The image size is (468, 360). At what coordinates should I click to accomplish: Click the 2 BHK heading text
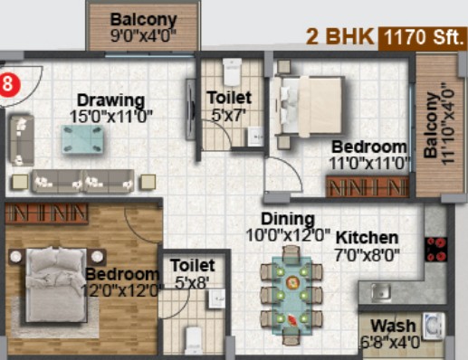(x=339, y=37)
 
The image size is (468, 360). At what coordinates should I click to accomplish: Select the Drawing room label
(x=110, y=100)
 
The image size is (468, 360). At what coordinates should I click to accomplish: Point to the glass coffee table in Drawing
(x=83, y=139)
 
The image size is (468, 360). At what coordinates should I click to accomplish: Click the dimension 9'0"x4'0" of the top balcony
(x=143, y=36)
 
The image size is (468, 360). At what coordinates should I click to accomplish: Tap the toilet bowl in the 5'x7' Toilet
(x=232, y=71)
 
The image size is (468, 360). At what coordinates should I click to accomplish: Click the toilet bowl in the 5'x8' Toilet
(x=194, y=340)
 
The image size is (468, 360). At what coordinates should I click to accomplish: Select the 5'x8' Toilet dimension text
(x=192, y=283)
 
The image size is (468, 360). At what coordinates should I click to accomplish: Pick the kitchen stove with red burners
(x=435, y=249)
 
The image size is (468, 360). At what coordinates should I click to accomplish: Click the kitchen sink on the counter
(x=381, y=293)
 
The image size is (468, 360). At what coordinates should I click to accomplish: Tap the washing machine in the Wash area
(x=434, y=326)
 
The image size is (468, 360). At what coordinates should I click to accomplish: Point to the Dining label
(x=288, y=219)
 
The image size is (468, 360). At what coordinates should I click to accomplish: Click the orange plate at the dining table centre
(x=291, y=282)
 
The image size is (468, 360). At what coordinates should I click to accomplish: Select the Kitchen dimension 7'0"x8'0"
(x=367, y=255)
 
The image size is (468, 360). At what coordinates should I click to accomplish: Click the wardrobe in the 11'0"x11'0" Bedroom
(x=368, y=186)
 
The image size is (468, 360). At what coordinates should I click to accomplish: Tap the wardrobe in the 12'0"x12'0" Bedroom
(x=47, y=213)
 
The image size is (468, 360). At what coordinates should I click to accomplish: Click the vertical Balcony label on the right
(x=431, y=126)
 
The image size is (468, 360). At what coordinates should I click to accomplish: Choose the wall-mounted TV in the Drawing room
(x=191, y=109)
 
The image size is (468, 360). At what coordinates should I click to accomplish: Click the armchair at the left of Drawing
(x=21, y=140)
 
